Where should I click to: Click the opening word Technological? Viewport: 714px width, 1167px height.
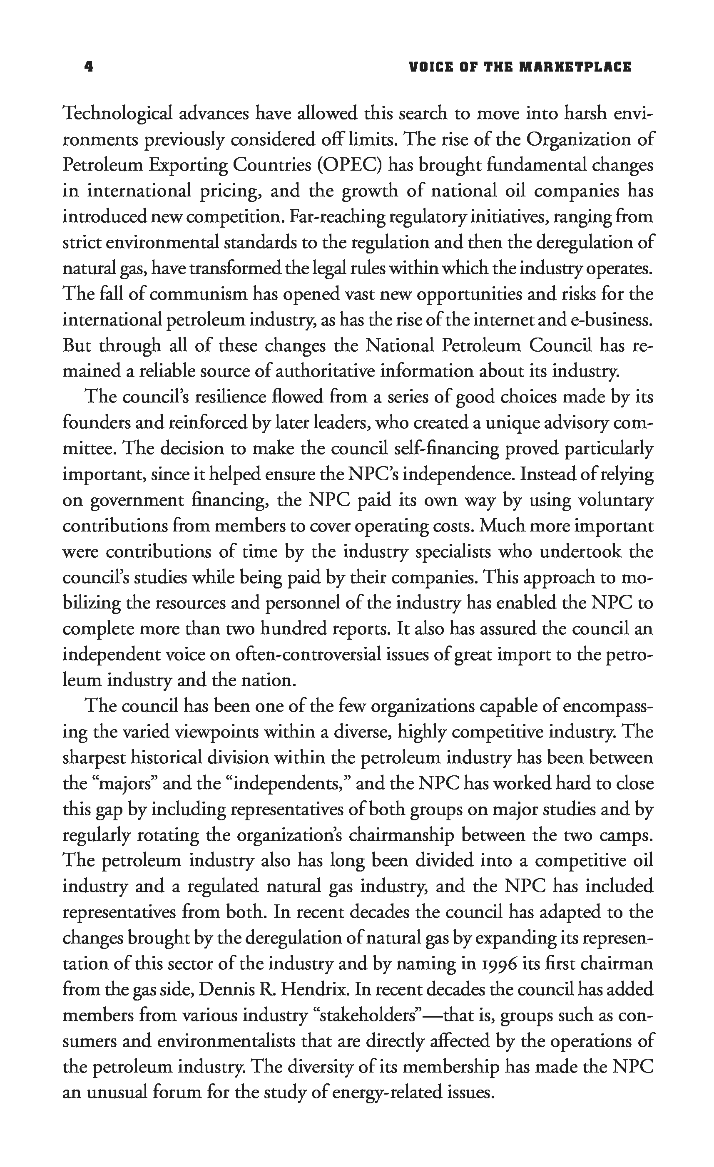pos(117,114)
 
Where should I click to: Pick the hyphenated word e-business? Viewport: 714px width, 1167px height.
pos(612,320)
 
